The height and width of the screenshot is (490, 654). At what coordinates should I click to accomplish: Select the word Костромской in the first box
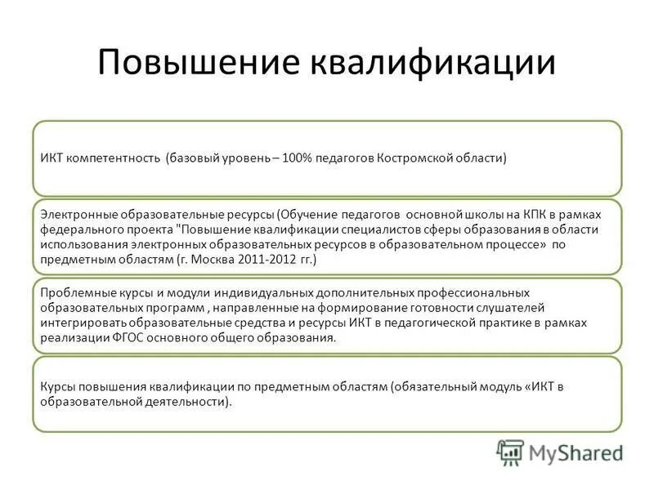point(417,158)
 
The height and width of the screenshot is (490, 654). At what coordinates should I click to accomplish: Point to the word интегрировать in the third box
point(83,322)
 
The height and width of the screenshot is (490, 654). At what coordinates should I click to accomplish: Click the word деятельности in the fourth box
point(190,402)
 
